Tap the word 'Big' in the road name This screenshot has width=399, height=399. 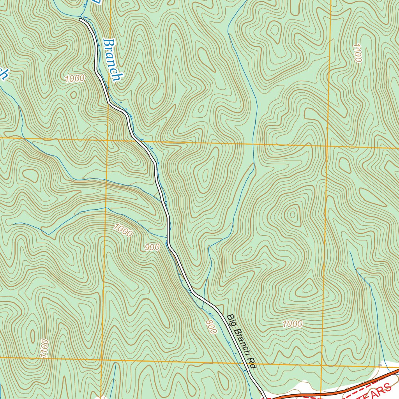click(x=231, y=320)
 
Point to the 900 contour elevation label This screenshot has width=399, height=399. click(x=152, y=247)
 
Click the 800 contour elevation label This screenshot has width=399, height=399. click(x=210, y=327)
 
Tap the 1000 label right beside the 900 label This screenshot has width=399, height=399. click(x=124, y=231)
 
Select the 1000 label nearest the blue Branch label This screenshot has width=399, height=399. click(x=75, y=78)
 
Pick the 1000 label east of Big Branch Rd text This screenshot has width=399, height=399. click(x=292, y=323)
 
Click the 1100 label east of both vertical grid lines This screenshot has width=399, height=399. click(x=357, y=53)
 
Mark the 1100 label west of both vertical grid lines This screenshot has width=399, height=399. click(x=44, y=348)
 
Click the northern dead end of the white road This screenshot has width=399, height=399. click(x=80, y=19)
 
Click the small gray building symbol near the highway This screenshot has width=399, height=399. click(x=380, y=365)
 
